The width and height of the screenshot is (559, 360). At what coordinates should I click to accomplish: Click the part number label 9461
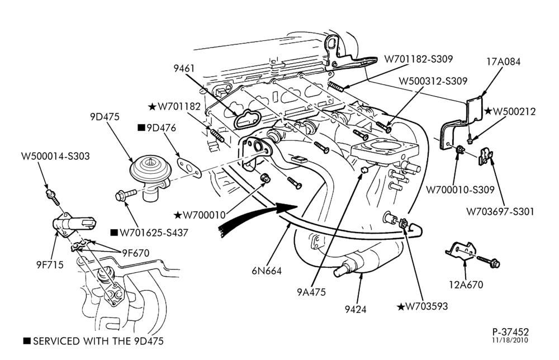pos(184,68)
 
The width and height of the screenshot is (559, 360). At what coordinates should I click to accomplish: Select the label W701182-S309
pos(418,59)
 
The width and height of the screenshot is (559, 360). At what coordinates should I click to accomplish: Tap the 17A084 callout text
pos(504,61)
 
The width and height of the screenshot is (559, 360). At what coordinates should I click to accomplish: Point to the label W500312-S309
pos(433,81)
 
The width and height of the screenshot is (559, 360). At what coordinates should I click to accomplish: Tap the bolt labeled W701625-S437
pos(126,195)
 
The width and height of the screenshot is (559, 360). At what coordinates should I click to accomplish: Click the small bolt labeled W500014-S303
pos(52,197)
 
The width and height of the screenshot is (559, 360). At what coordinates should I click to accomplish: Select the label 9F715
pos(50,264)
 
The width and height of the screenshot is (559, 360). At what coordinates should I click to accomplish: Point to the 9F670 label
pos(135,253)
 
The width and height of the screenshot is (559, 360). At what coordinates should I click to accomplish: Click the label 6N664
pos(267,271)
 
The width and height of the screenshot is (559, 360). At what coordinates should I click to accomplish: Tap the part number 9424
pos(356,309)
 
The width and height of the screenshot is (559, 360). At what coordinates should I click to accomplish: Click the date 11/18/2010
pos(510,340)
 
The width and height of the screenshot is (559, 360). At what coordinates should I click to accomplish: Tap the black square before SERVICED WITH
pos(27,341)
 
